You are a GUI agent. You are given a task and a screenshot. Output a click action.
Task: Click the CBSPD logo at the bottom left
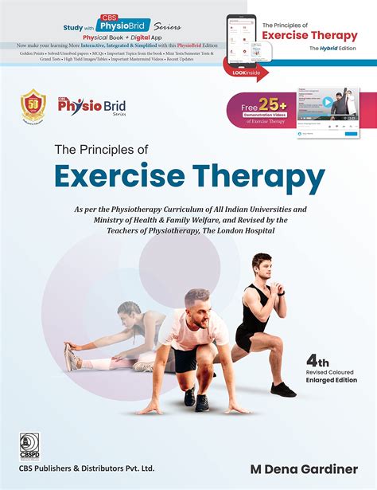click(29, 443)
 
